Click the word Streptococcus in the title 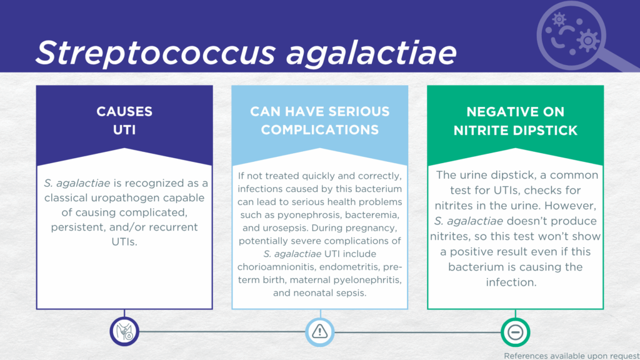click(x=156, y=53)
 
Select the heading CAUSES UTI click(x=124, y=121)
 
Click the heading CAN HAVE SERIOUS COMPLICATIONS click(x=320, y=121)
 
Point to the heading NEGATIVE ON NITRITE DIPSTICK click(x=516, y=121)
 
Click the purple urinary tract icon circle click(x=124, y=331)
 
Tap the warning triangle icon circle click(x=320, y=331)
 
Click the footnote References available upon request click(x=572, y=356)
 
